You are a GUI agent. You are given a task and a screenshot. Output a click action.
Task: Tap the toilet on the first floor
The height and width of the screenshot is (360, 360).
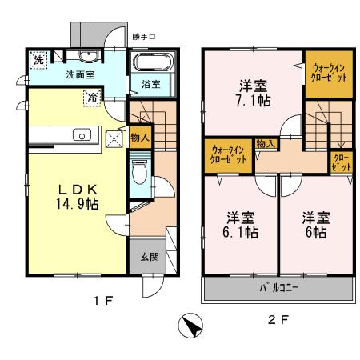[140, 171]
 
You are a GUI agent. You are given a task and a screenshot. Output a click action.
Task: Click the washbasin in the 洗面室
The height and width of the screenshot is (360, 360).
[86, 55]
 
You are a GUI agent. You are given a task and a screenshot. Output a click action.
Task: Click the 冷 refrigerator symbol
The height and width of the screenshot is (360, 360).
[93, 98]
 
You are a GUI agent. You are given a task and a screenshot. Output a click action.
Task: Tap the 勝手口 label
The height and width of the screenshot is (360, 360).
[142, 37]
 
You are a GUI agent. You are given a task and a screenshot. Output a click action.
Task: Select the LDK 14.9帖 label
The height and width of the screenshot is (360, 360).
[77, 196]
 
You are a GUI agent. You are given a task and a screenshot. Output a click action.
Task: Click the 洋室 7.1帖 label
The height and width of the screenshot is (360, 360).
[250, 95]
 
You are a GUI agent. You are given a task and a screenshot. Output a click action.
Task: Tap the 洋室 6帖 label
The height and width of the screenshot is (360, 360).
[313, 224]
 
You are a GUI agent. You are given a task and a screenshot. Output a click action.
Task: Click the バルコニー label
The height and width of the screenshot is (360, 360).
[278, 288]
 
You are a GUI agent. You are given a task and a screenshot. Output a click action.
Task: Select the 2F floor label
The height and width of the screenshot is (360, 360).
[277, 320]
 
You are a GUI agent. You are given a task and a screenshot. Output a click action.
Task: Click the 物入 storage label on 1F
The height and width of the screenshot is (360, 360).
[138, 138]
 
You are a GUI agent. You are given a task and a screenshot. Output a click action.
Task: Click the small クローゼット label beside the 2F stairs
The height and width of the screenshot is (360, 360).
[342, 162]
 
